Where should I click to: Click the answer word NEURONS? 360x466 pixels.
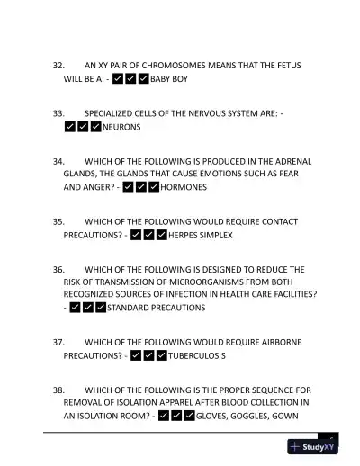click(121, 127)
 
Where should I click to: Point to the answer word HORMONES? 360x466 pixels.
click(184, 187)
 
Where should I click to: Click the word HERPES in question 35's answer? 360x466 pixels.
click(184, 235)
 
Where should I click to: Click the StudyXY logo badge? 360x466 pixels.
click(313, 446)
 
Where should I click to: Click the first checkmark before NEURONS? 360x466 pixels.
click(70, 127)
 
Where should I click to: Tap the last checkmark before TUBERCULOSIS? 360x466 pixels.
click(161, 355)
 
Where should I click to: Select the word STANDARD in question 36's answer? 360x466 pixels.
click(130, 307)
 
